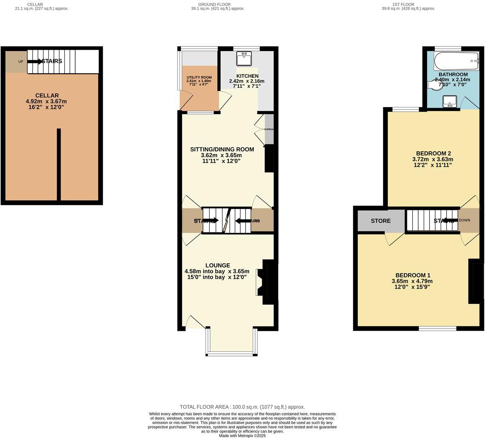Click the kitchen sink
244,59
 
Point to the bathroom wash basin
449,101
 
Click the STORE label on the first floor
381,221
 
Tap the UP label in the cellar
20,61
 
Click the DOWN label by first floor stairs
464,220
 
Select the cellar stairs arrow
35,61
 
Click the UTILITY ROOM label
199,77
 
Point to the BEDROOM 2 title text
433,153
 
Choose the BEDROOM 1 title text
413,275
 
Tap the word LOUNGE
218,265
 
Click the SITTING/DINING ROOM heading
222,149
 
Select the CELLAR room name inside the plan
47,95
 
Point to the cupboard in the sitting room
269,129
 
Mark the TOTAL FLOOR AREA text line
242,407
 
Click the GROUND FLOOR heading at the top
214,5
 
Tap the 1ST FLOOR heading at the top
404,5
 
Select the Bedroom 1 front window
437,328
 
